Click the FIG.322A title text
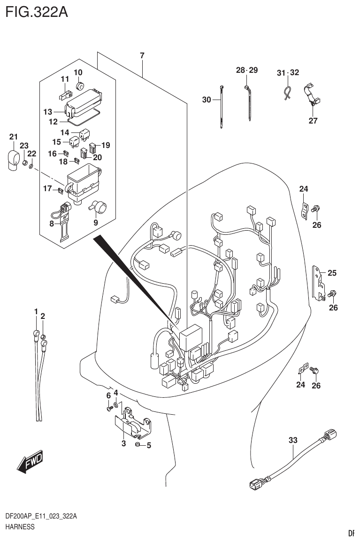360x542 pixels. pos(36,11)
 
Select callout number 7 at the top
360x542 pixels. pos(142,56)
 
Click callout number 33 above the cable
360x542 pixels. pos(292,440)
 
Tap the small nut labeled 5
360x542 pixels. pos(138,444)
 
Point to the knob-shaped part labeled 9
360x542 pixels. pos(100,205)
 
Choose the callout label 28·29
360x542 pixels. pos(247,70)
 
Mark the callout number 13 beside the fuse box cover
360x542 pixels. pos(47,112)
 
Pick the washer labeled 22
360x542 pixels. pos(31,166)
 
